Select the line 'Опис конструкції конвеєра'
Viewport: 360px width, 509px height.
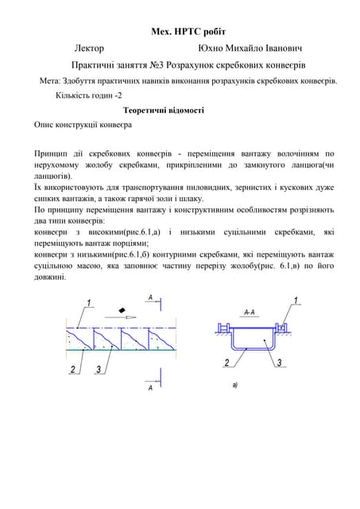(83, 126)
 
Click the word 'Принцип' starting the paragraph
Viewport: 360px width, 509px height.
(52, 153)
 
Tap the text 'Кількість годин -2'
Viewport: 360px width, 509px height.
(88, 95)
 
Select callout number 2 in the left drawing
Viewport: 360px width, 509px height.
(72, 369)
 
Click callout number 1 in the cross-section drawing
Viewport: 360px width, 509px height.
(296, 300)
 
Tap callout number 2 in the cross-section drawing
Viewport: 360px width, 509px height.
(226, 363)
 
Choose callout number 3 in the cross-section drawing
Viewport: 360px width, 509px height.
(280, 363)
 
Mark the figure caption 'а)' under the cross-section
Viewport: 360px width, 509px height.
(235, 385)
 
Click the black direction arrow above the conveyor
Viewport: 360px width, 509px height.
(122, 308)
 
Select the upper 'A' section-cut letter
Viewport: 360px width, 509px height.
(149, 297)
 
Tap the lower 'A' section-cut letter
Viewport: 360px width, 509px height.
(149, 387)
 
